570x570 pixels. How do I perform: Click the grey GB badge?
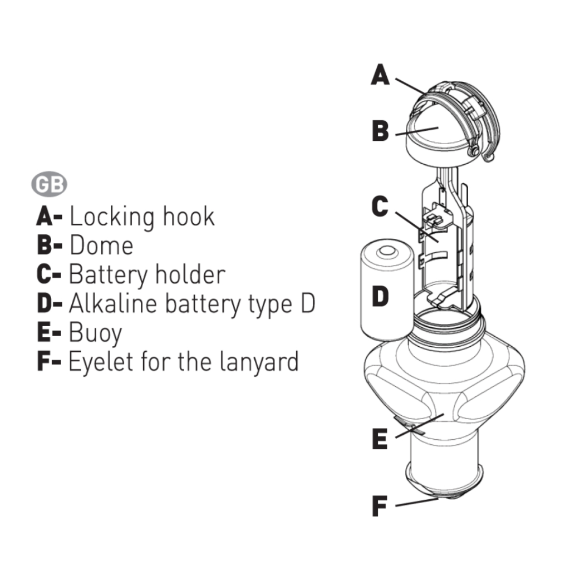pos(50,185)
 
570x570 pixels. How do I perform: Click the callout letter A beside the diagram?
pos(381,75)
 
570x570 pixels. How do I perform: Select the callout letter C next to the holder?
pos(381,207)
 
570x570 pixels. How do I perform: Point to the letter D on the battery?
pos(381,296)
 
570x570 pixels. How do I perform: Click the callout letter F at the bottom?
pos(380,506)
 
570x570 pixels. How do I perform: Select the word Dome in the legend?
pos(102,245)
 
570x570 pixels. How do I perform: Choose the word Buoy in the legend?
pos(95,333)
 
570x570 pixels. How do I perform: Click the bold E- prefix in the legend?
pos(48,332)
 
